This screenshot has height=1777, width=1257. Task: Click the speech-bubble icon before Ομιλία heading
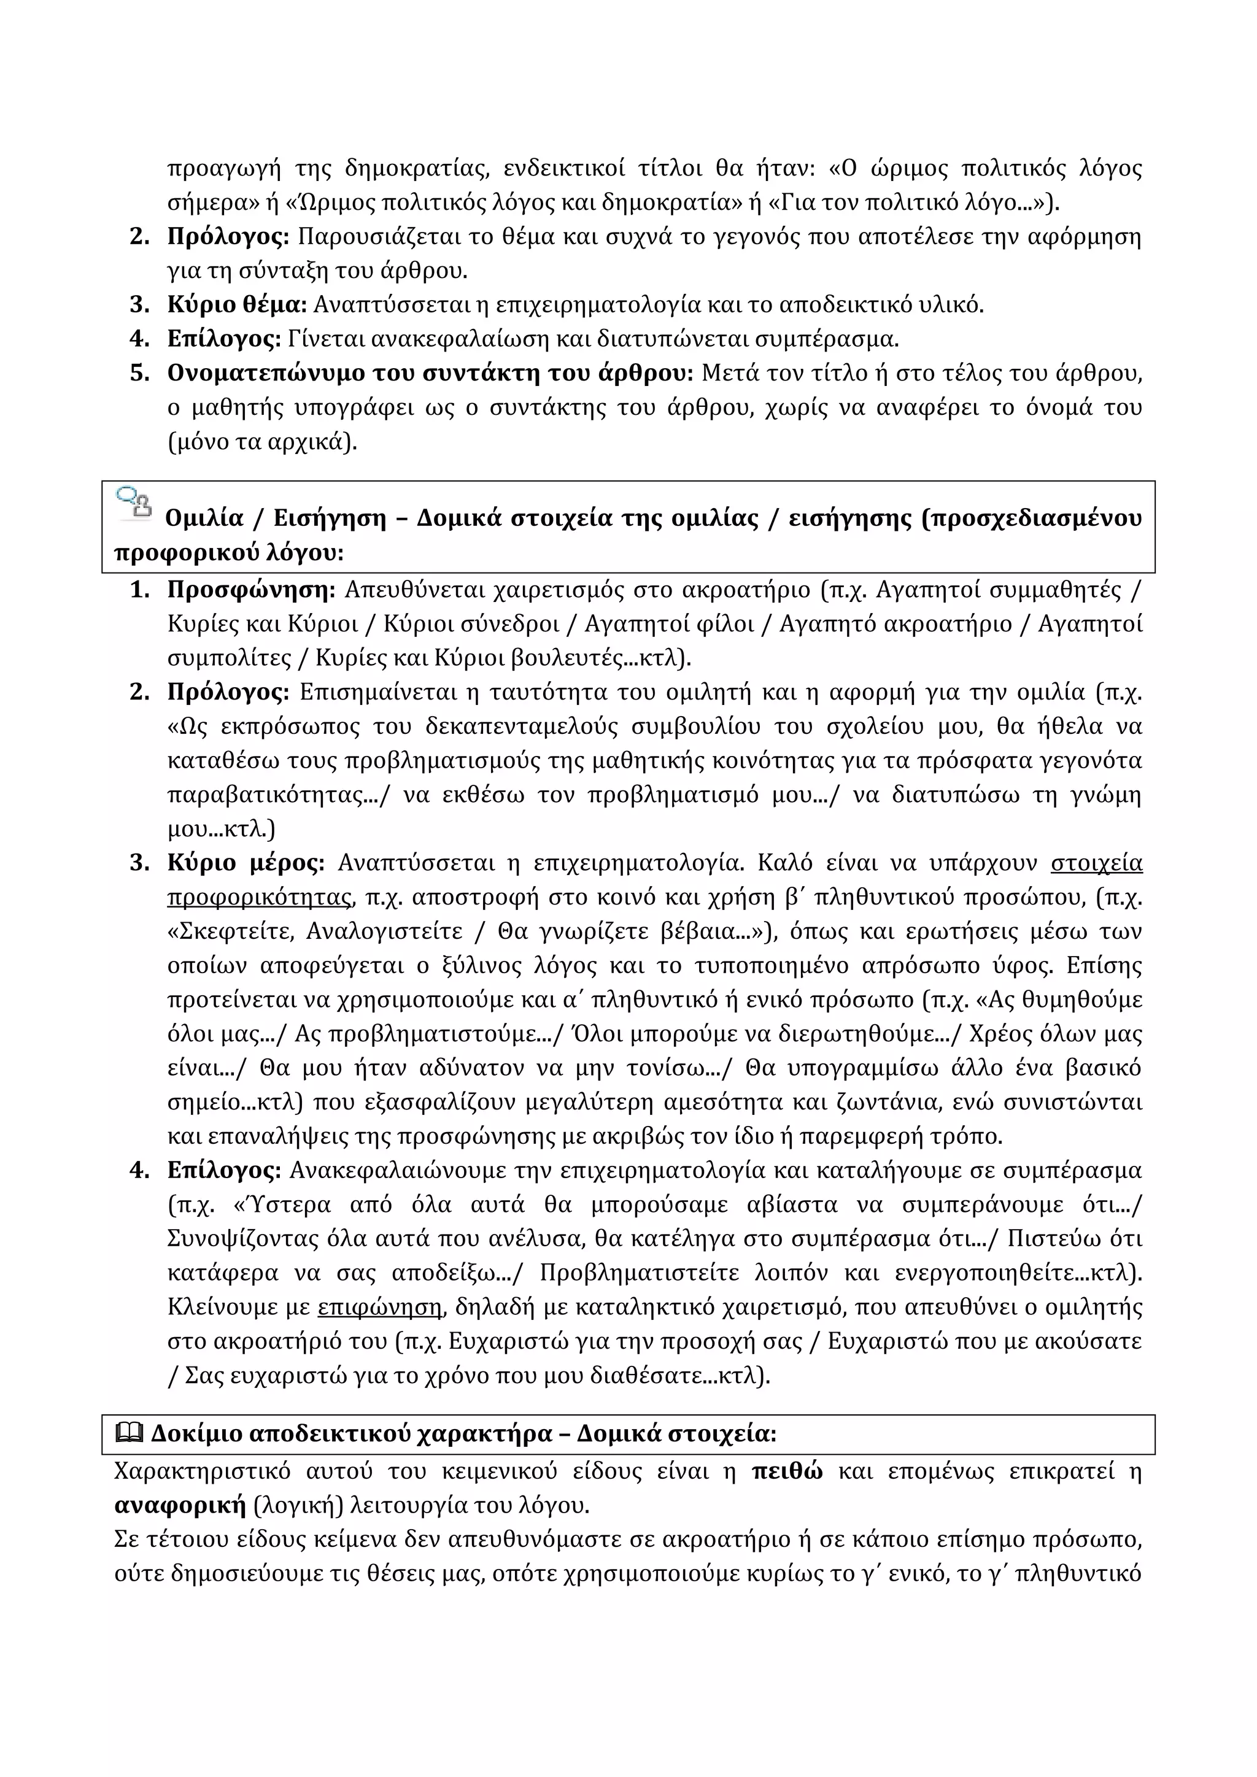[x=133, y=503]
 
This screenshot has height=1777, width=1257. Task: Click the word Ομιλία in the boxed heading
[x=204, y=518]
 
